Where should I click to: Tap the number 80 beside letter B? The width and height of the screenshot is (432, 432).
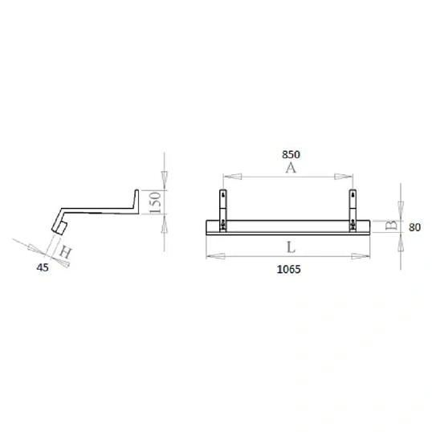coord(416,227)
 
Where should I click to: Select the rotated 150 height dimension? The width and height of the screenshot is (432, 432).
coord(159,202)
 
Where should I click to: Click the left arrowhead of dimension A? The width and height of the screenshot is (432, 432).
coord(228,177)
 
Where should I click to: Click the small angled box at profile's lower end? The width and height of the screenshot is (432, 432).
coord(59,228)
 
